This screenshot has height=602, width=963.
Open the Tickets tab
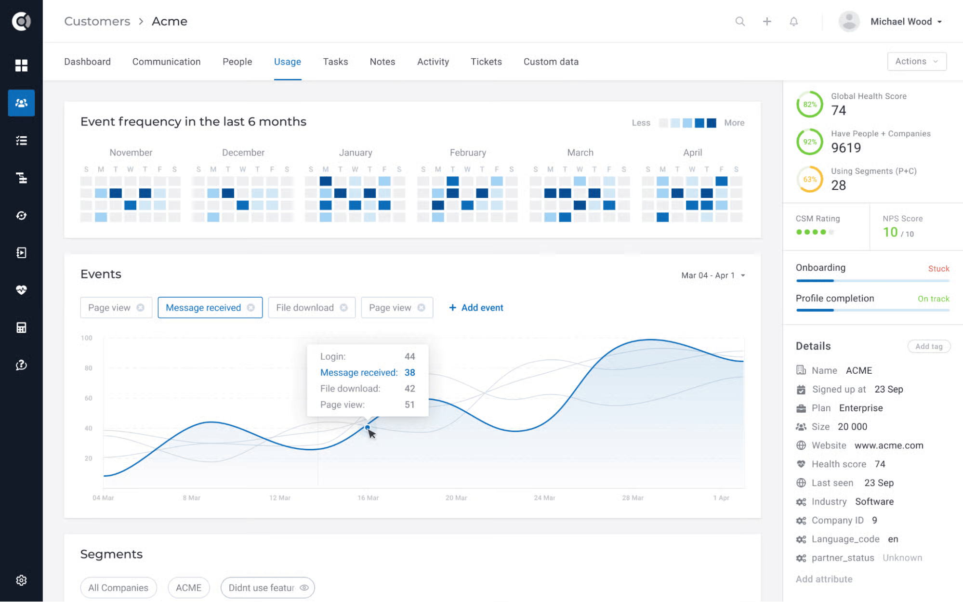[x=486, y=62]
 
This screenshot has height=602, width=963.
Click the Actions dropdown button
[x=916, y=61]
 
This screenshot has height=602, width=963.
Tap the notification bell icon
[x=793, y=22]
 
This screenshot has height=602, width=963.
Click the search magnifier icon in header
[x=740, y=22]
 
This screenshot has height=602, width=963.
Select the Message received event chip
[x=203, y=308]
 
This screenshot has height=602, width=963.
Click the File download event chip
[x=305, y=308]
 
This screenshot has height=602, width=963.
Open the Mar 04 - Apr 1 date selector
[x=712, y=275]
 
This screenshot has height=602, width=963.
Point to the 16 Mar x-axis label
[x=368, y=497]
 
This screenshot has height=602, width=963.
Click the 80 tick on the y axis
[x=88, y=368]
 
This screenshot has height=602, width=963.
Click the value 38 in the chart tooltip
[x=409, y=372]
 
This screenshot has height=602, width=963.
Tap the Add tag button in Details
[x=928, y=346]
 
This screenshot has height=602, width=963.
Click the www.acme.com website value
[x=888, y=445]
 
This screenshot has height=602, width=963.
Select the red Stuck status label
[x=938, y=269]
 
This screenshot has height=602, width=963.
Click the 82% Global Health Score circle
[x=809, y=105]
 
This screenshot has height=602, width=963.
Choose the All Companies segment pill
[x=119, y=588]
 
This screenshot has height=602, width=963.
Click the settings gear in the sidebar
[x=21, y=580]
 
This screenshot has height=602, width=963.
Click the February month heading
[x=467, y=153]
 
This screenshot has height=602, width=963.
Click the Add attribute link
[x=824, y=579]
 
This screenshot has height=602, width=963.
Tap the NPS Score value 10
[x=890, y=232]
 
